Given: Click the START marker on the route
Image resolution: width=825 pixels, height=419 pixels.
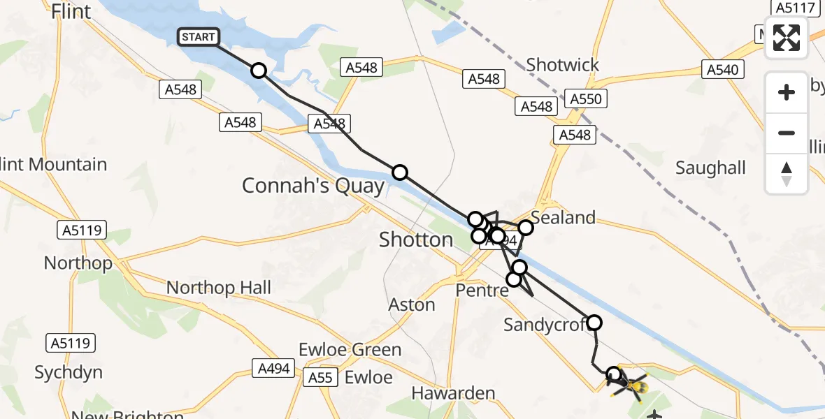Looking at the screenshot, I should click(199, 37).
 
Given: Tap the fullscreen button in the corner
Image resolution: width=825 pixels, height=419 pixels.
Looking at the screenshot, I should click(787, 38).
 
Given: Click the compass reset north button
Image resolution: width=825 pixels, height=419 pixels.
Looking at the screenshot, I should click(787, 174).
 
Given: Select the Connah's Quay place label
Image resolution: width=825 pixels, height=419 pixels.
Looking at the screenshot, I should click(313, 186).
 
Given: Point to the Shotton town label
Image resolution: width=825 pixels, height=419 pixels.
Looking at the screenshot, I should click(416, 240).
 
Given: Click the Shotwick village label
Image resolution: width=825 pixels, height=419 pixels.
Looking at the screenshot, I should click(563, 65).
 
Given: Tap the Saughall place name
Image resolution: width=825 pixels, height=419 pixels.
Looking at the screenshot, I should click(710, 168).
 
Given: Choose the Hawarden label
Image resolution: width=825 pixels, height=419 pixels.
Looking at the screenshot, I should click(454, 394).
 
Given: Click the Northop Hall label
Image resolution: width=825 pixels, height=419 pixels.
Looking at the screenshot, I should click(219, 288).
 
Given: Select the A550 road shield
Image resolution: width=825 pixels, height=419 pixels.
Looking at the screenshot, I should click(586, 99).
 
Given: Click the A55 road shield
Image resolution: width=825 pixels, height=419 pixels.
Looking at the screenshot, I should click(321, 378).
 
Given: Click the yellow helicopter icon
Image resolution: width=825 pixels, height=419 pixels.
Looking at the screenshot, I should click(633, 385).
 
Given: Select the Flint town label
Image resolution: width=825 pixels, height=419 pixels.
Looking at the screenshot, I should click(71, 11).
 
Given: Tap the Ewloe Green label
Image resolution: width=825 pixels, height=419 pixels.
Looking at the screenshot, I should click(350, 349).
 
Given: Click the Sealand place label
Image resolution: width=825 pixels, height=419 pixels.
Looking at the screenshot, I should click(564, 218).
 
